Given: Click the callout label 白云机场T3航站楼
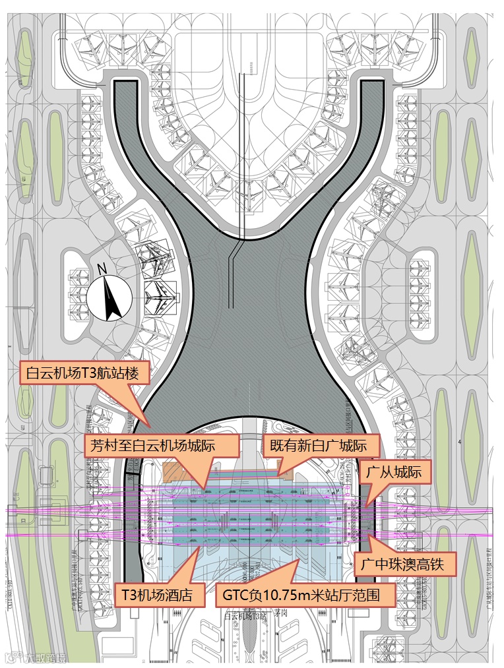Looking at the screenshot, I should (x=86, y=373).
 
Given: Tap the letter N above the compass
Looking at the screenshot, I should (x=102, y=269).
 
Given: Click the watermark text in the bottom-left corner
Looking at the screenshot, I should (x=38, y=657).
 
